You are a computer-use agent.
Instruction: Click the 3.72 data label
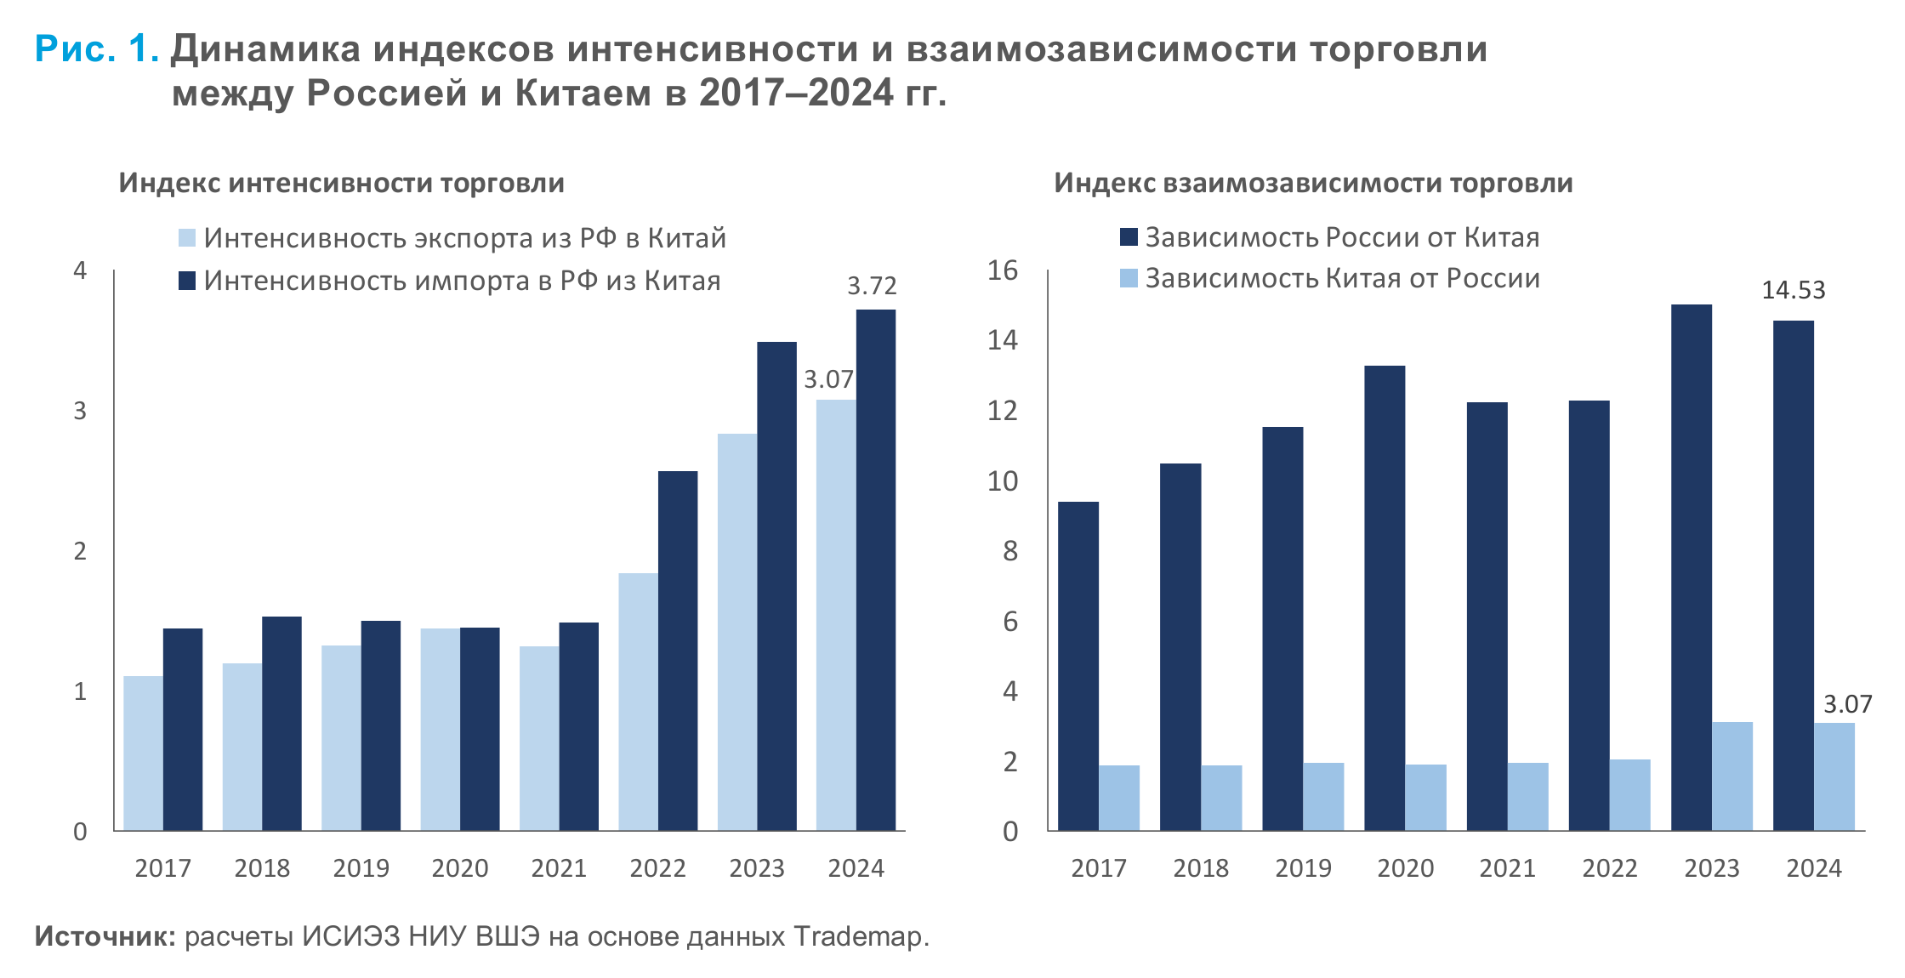(872, 287)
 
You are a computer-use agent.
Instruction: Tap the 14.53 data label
(1793, 291)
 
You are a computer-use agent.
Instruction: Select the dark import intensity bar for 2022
(678, 651)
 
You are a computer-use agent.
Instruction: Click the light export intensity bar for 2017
(143, 753)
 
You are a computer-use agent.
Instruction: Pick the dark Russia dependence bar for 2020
(1385, 598)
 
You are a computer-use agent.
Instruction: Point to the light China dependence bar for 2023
(1732, 776)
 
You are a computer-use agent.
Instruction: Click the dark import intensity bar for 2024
(875, 570)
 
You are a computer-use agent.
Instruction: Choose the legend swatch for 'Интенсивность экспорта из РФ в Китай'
(187, 238)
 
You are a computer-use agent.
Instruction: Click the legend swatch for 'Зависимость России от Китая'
(1129, 237)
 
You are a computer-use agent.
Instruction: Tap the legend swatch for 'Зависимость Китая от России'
(1129, 278)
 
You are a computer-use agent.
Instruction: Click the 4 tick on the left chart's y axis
(80, 270)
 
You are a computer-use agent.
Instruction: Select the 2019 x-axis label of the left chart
(361, 868)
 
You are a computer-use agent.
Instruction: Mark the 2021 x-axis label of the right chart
(1507, 868)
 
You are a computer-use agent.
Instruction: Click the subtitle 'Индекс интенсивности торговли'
(341, 183)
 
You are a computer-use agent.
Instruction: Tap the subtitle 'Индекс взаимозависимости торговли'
(1313, 183)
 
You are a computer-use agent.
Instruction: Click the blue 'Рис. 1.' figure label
(96, 49)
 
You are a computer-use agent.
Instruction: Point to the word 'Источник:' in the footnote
(105, 936)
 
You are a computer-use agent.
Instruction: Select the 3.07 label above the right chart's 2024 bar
(1847, 704)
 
